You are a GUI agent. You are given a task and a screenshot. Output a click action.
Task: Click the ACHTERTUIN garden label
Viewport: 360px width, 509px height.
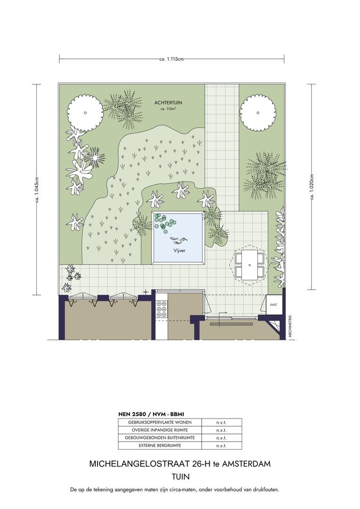coord(168,103)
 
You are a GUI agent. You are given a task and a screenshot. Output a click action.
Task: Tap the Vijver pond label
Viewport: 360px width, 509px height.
coord(179,251)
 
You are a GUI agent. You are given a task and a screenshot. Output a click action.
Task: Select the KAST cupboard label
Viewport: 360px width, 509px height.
coord(274,305)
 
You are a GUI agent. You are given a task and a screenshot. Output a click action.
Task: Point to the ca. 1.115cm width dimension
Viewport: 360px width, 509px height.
coord(172,59)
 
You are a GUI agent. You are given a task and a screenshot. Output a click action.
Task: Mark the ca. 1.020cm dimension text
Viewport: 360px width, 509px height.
coord(312,187)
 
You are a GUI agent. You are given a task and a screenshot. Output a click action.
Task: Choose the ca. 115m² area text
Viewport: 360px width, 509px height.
coord(168,109)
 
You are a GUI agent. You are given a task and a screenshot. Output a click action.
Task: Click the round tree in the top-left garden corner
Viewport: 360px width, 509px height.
coord(85,113)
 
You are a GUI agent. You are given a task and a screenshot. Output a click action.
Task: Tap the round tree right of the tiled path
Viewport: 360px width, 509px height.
coord(258,113)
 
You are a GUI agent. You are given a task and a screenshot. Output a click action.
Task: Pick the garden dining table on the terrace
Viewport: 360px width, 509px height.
coord(249,265)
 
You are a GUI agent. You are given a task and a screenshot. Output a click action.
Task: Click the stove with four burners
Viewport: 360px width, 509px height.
coord(162,309)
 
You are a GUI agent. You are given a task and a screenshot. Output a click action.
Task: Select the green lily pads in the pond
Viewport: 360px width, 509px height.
coord(164,223)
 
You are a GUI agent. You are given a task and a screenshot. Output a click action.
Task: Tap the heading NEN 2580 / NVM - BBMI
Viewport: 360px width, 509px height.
coord(151,414)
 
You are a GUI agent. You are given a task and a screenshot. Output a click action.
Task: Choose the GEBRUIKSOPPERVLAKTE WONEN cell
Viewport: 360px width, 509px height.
coord(160,422)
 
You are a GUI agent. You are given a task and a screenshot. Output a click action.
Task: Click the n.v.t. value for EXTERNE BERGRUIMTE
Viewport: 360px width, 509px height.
coord(221,446)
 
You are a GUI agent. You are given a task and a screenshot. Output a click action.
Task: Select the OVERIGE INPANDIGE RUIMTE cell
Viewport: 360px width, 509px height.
coord(160,430)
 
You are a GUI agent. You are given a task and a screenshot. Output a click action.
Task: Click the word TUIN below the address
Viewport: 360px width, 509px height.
coord(180,476)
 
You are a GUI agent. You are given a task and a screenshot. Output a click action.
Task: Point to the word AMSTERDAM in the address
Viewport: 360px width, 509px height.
coord(246,464)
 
